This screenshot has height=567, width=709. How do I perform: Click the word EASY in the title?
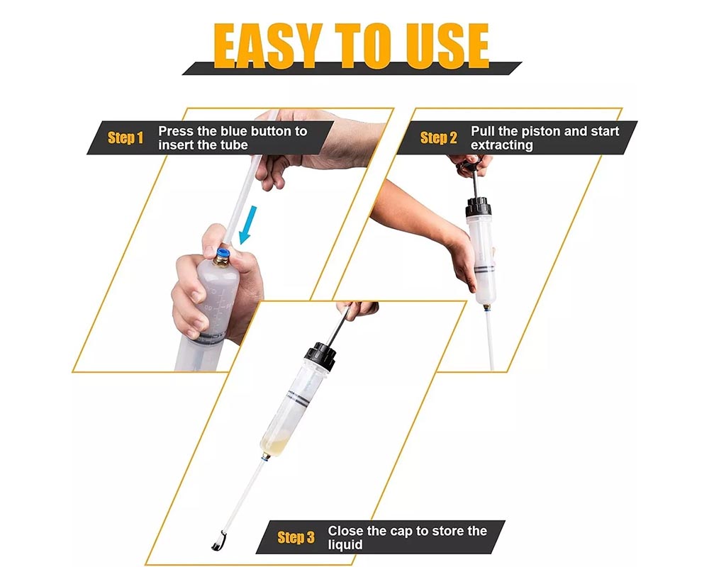pyautogui.click(x=268, y=45)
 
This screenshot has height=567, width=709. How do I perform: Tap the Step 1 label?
pyautogui.click(x=125, y=137)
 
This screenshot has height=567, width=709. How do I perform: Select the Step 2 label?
pyautogui.click(x=439, y=137)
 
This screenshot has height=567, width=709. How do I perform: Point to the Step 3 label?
pyautogui.click(x=296, y=537)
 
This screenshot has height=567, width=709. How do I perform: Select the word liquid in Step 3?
pyautogui.click(x=345, y=545)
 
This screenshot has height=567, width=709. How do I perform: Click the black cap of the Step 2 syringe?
pyautogui.click(x=479, y=208)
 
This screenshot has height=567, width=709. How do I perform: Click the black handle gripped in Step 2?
pyautogui.click(x=469, y=163)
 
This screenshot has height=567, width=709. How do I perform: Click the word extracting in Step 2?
pyautogui.click(x=502, y=145)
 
